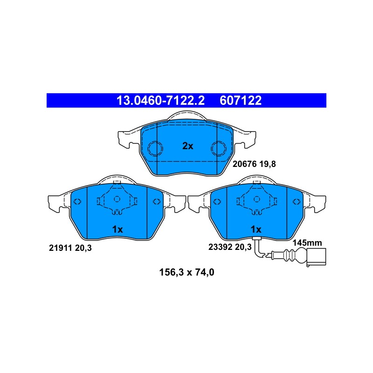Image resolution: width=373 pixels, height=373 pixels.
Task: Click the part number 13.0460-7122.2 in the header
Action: coord(160,101)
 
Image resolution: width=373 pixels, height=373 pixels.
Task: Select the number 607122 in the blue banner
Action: coord(241,101)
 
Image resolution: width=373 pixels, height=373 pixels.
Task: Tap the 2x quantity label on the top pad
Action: coord(188,146)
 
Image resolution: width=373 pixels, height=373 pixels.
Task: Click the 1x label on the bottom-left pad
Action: coord(117,229)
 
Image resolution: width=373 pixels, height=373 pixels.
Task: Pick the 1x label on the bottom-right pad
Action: coord(256,229)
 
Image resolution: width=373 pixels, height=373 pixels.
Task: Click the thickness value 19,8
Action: coord(267,164)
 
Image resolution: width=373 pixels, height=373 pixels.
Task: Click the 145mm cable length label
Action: coord(307,242)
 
